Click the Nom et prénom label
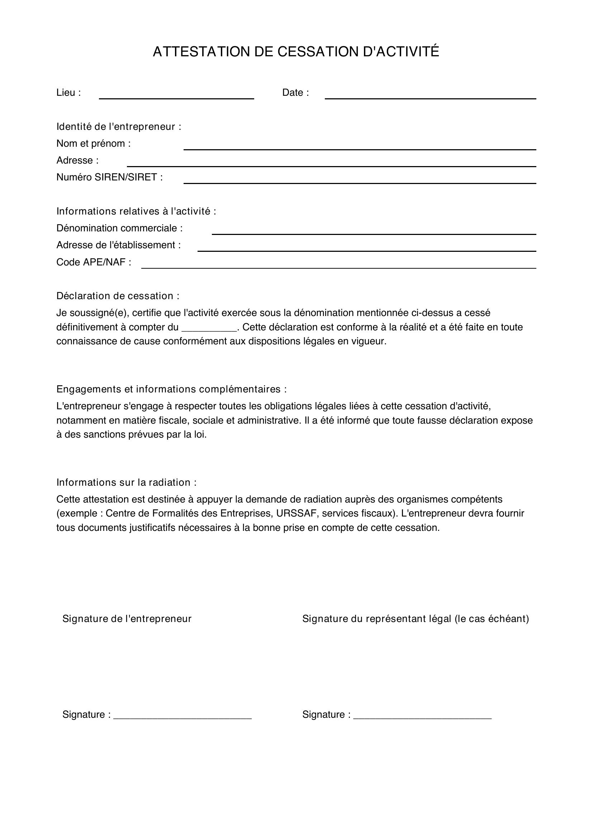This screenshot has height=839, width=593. [94, 143]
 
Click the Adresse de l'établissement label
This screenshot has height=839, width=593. [118, 245]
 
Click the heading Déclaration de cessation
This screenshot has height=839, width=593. [118, 296]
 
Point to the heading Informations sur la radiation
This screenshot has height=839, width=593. [126, 482]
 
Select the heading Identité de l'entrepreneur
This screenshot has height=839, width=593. [119, 127]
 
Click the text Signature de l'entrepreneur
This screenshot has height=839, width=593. [127, 619]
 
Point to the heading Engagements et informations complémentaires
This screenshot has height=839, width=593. [171, 389]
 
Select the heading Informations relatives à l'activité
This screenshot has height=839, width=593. [136, 211]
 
